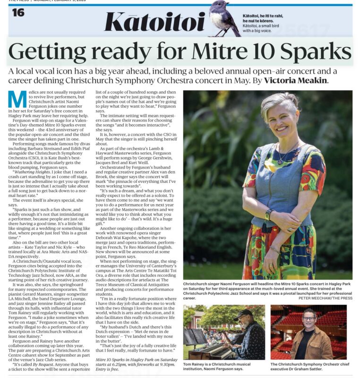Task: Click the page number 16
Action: tap(18, 13)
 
